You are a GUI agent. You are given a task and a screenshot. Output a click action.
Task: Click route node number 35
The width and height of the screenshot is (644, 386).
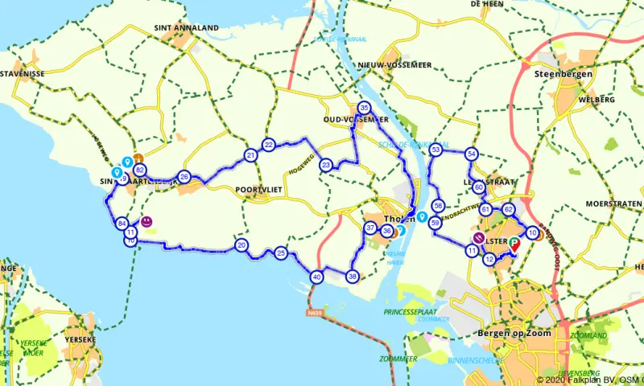364,108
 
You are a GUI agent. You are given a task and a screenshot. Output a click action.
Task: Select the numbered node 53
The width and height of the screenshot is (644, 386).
436,150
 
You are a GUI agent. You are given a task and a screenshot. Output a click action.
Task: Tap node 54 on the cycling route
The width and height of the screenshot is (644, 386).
472,154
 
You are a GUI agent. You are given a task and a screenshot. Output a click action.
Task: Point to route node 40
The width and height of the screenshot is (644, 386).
316,277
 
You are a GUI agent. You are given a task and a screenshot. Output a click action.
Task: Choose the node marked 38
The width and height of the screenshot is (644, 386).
352,277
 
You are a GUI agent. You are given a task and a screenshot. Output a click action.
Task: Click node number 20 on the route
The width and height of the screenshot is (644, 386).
242,244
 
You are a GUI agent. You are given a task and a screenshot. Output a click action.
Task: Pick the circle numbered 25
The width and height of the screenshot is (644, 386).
280,253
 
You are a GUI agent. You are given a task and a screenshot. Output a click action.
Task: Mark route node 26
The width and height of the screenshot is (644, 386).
184,177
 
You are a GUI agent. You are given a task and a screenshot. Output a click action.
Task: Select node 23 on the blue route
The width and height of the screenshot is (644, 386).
326,165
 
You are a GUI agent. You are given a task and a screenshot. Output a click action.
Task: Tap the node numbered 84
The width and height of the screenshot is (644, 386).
122,224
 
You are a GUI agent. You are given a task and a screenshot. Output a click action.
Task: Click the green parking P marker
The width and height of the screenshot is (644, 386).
514,240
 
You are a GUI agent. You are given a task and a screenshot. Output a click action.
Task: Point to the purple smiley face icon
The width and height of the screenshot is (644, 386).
147,221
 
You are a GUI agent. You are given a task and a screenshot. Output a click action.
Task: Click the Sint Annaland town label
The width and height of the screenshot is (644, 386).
186,27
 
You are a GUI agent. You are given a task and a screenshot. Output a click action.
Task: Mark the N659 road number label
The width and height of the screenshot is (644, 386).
316,312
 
